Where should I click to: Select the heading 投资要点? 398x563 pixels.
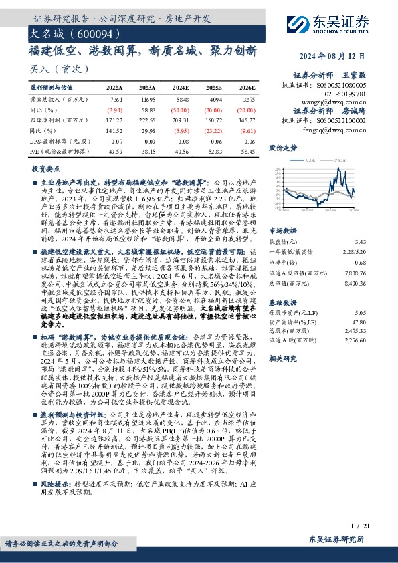tap(45, 169)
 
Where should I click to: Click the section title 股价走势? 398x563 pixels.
tap(282, 147)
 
